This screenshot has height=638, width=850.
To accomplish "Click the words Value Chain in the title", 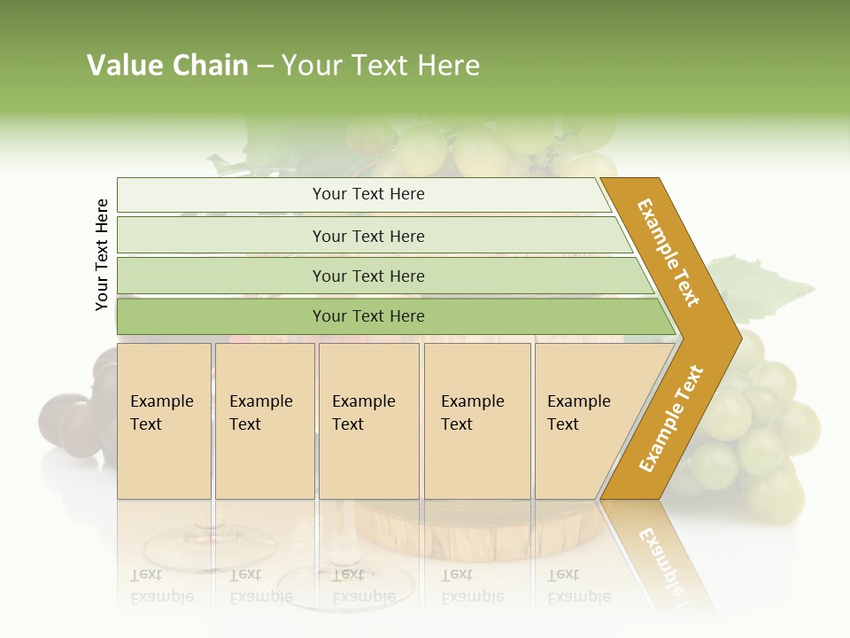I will pyautogui.click(x=167, y=66).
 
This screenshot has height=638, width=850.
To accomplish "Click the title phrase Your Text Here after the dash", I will pyautogui.click(x=380, y=66).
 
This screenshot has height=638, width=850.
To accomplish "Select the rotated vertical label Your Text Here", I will pyautogui.click(x=102, y=254).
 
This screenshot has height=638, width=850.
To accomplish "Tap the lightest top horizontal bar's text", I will pyautogui.click(x=368, y=194).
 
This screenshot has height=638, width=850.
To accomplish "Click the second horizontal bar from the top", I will pyautogui.click(x=368, y=236).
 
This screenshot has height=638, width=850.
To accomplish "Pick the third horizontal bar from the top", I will pyautogui.click(x=368, y=276).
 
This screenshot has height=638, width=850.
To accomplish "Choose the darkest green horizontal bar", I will pyautogui.click(x=368, y=316).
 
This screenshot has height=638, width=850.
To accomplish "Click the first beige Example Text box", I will pyautogui.click(x=164, y=421).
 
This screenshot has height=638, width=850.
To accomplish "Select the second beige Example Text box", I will pyautogui.click(x=264, y=421).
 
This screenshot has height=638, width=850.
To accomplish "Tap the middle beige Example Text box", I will pyautogui.click(x=368, y=421).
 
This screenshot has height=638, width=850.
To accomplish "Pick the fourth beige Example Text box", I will pyautogui.click(x=476, y=421).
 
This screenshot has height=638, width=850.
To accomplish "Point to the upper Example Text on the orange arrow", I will pyautogui.click(x=669, y=253).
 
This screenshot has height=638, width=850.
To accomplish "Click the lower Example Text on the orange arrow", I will pyautogui.click(x=671, y=418).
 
